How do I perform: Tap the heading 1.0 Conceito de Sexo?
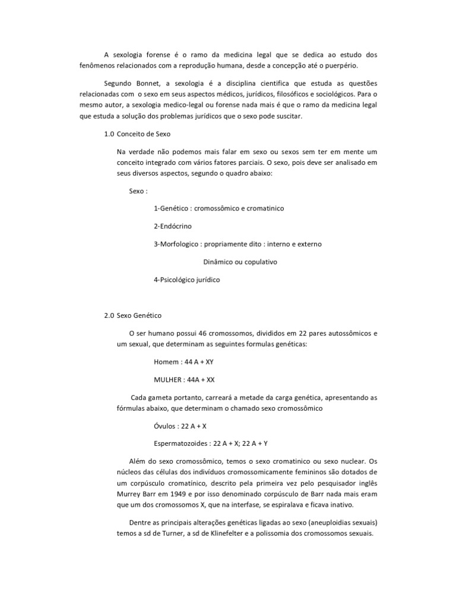pyautogui.click(x=137, y=134)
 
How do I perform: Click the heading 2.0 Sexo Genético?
pyautogui.click(x=132, y=315)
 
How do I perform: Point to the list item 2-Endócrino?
pyautogui.click(x=172, y=226)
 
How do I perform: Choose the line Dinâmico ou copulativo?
pyautogui.click(x=240, y=261)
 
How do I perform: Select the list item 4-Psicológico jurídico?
pyautogui.click(x=186, y=280)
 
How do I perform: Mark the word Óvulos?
pyautogui.click(x=164, y=426)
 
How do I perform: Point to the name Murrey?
pyautogui.click(x=130, y=494)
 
